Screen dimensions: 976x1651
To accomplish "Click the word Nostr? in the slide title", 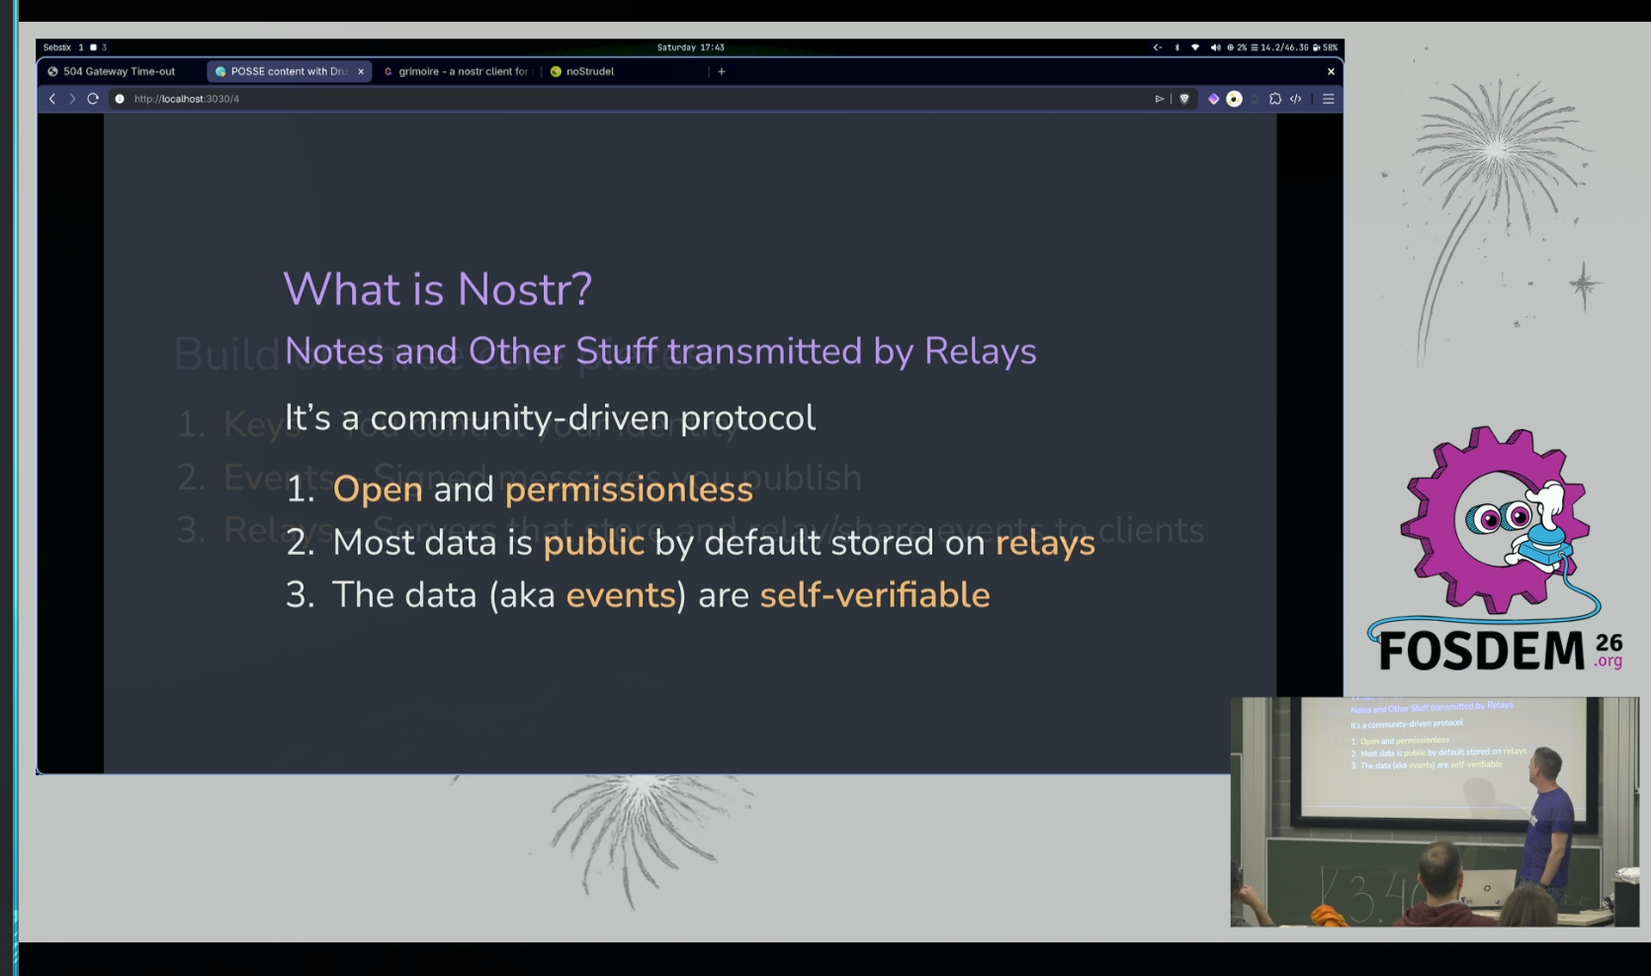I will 524,290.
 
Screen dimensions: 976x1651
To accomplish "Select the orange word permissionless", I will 629,489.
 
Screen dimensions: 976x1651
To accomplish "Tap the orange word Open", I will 378,489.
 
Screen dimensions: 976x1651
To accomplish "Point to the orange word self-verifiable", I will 874,595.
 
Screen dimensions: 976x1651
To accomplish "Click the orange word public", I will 593,543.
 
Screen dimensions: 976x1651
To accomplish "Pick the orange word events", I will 621,595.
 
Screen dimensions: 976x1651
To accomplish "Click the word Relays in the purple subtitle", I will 980,352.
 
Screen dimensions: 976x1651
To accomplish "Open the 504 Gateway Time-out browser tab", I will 119,71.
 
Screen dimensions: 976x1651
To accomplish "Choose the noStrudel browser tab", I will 589,71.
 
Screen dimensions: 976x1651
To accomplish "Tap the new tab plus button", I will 722,71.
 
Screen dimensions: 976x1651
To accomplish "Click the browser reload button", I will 93,99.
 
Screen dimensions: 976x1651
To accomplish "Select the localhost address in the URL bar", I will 187,99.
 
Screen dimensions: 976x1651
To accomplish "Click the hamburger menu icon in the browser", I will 1329,99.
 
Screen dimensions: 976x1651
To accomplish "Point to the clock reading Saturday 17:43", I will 690,47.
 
